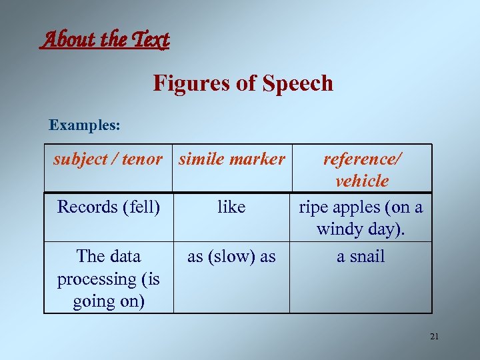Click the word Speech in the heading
click(298, 83)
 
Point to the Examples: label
click(85, 125)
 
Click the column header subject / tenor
click(108, 159)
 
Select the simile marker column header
click(231, 159)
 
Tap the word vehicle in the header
click(362, 181)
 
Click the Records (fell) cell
click(109, 207)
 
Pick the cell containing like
click(231, 207)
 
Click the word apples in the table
click(357, 207)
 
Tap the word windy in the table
click(337, 230)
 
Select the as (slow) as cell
click(231, 257)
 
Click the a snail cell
click(361, 257)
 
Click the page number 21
click(434, 337)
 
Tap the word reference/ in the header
click(363, 159)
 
